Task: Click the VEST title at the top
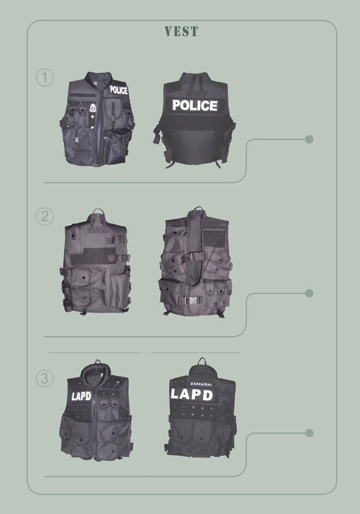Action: coord(181,31)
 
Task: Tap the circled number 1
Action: coord(45,77)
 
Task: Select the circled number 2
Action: coord(45,216)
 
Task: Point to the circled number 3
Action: coord(45,378)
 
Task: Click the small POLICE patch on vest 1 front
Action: coord(119,90)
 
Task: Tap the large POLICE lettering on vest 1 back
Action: coord(195,105)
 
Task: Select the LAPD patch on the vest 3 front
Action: coord(81,396)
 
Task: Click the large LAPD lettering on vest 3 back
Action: coord(192,394)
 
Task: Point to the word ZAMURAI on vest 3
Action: coord(201,383)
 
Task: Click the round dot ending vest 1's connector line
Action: coord(309,139)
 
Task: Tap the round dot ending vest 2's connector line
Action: coord(309,293)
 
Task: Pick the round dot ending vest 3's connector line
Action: coord(309,433)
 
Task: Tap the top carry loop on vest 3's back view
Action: coord(202,359)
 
